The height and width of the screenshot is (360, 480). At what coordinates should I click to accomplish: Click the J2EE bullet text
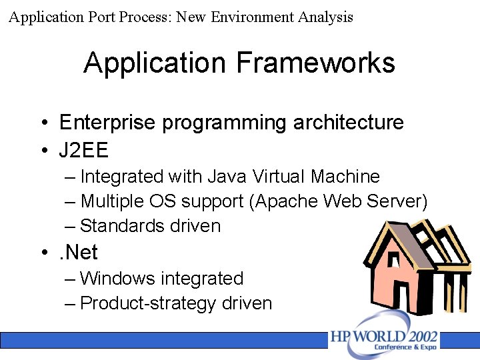tap(83, 150)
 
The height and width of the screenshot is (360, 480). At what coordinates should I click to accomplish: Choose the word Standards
tap(121, 226)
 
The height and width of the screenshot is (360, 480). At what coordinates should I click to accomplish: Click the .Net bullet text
tap(78, 253)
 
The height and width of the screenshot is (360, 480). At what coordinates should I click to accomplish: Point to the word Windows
tap(119, 278)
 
